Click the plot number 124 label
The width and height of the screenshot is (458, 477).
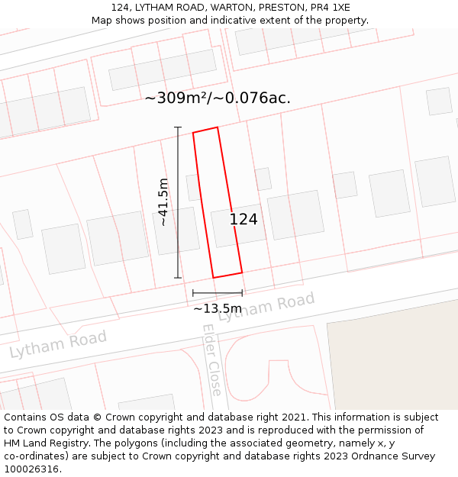coord(244,220)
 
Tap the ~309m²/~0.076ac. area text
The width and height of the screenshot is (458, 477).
coord(218,98)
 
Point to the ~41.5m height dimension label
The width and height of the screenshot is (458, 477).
coord(163,202)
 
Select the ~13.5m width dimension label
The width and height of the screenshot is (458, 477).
coord(217,308)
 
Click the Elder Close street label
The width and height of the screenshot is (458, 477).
coord(212,359)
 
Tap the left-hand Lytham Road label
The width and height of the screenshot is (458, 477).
coord(58,344)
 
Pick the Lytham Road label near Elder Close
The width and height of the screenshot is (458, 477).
coord(266,307)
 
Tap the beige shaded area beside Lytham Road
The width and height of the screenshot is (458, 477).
coord(393,359)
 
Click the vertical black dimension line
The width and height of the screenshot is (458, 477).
coord(178,202)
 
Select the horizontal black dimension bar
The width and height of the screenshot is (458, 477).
coord(218,293)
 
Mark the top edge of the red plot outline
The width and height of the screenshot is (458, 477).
coord(205,130)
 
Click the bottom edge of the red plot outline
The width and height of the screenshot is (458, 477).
coord(227,275)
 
